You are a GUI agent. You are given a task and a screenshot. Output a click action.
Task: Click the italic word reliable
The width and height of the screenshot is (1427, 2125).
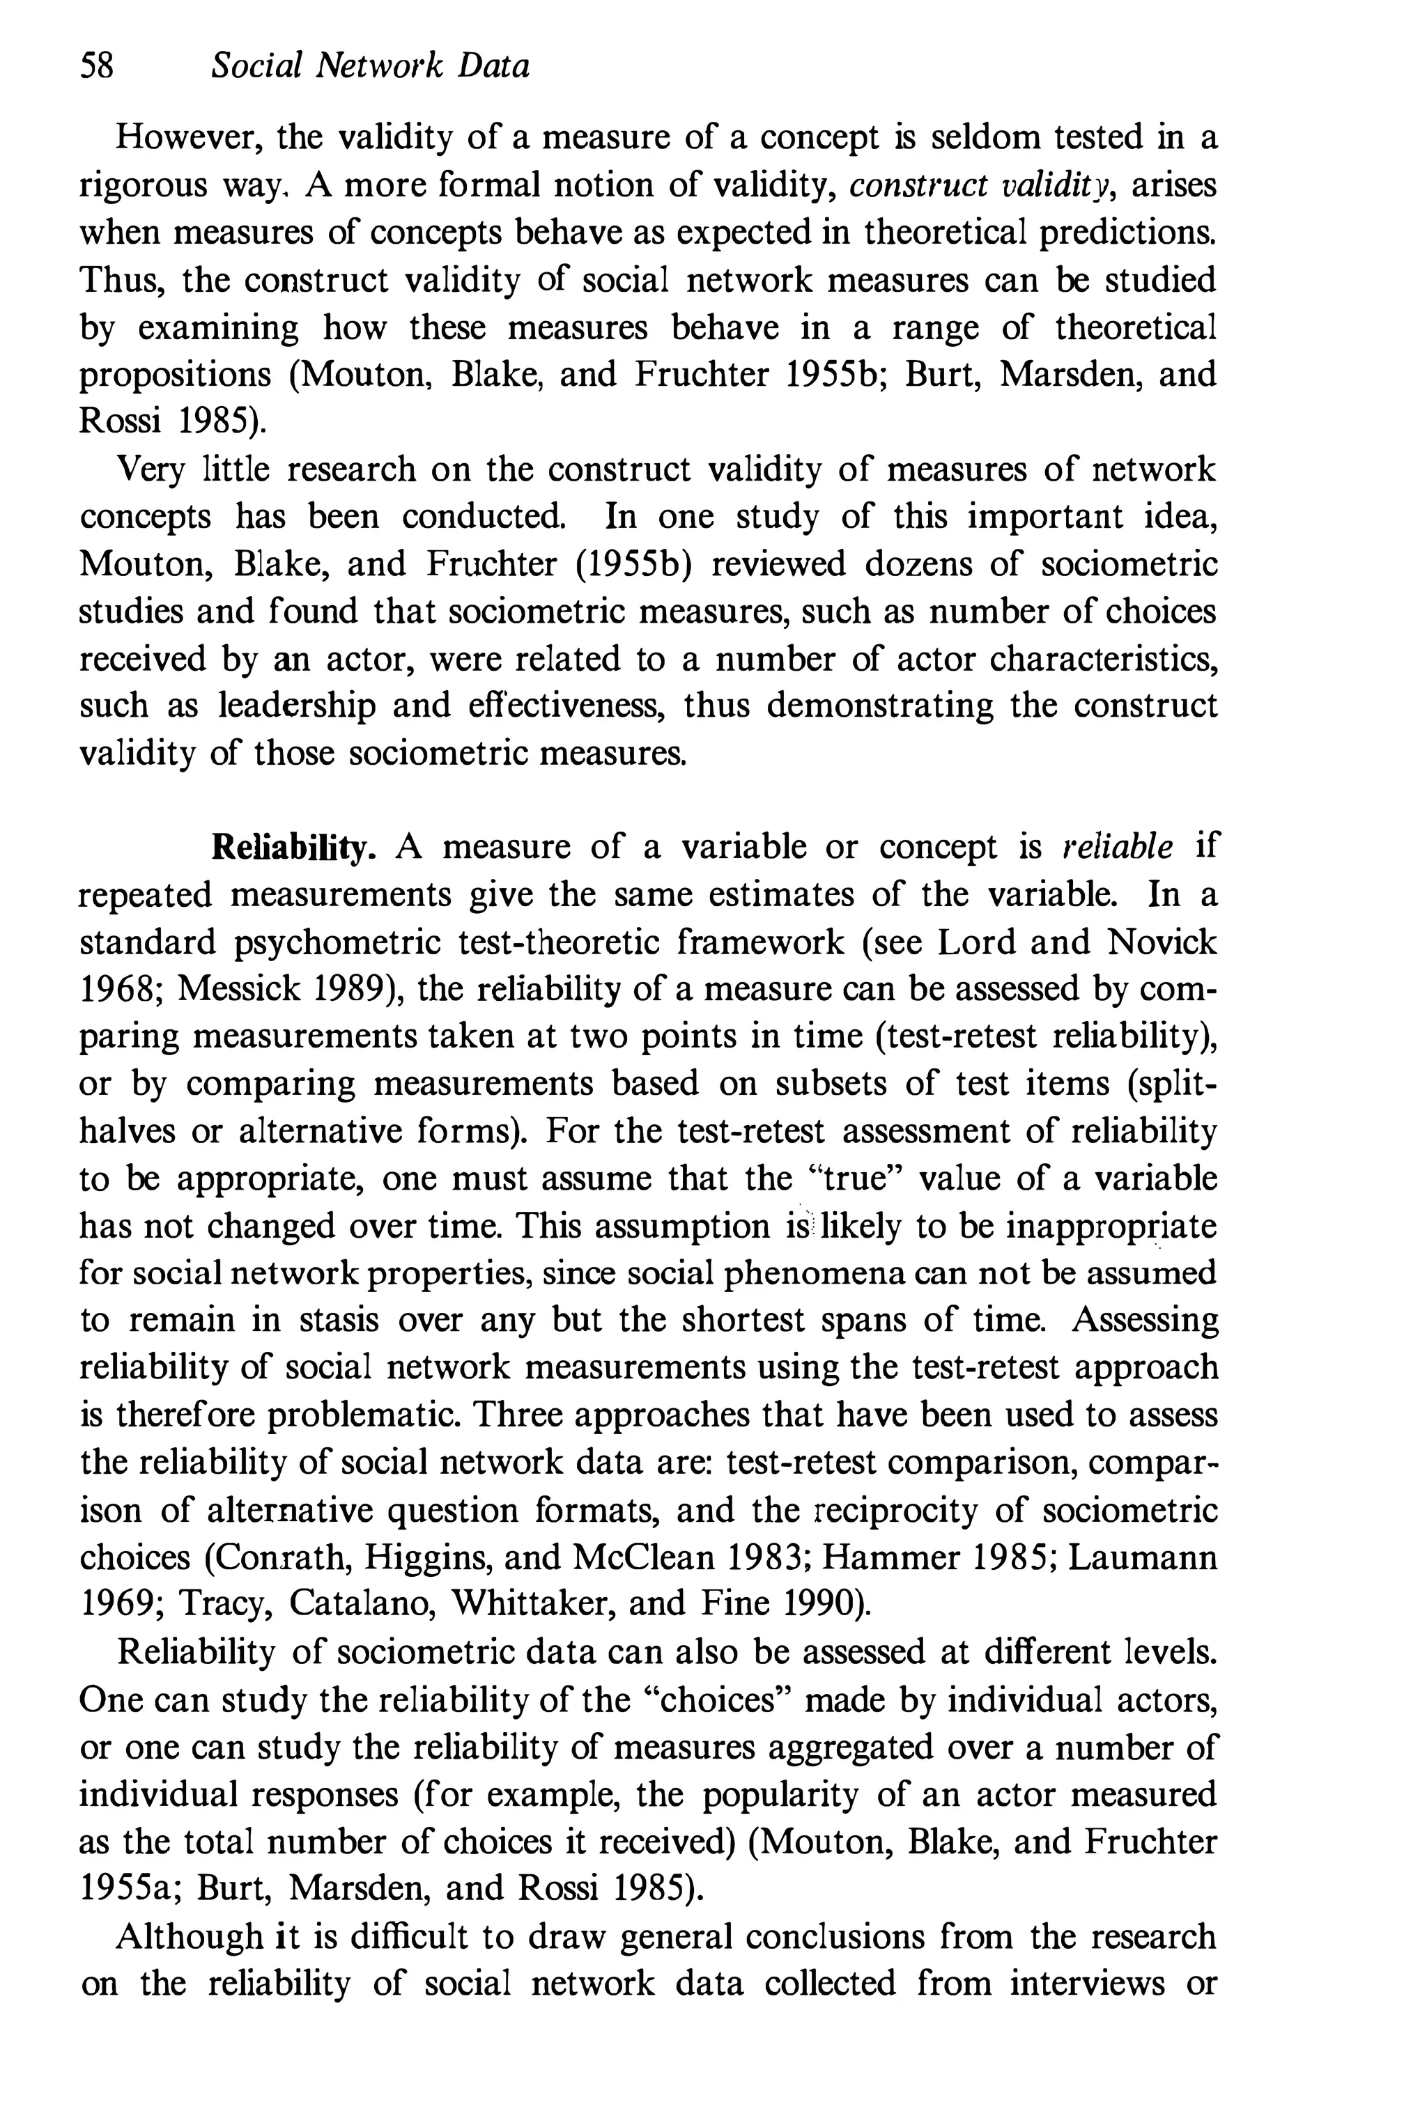[1118, 847]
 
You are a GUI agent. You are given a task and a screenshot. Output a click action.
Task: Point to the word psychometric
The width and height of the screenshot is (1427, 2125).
[335, 942]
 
